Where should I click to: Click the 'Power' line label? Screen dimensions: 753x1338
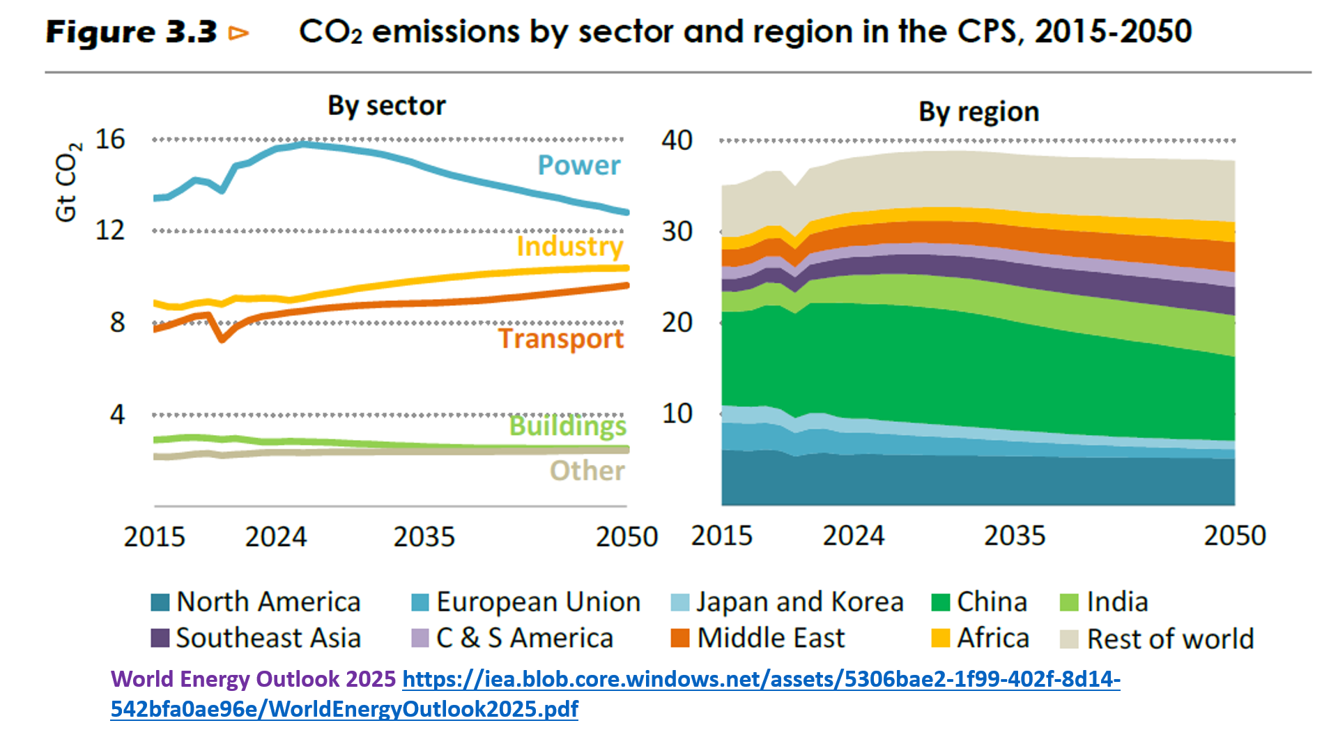[x=578, y=165]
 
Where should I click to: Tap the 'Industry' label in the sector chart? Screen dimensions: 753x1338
[x=569, y=246]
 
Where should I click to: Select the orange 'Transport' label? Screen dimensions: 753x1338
[x=560, y=339]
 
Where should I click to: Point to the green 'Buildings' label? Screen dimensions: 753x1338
[x=567, y=425]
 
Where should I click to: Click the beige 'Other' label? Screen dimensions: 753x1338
[x=587, y=471]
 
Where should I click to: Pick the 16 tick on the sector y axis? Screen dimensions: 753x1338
[x=110, y=139]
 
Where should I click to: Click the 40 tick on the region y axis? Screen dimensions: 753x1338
[x=677, y=140]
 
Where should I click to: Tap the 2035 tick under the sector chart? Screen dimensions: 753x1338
[x=424, y=537]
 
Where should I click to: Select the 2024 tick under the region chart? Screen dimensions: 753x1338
[x=853, y=535]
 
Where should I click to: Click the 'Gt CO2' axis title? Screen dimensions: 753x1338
[x=67, y=183]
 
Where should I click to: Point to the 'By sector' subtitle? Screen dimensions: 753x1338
[x=387, y=106]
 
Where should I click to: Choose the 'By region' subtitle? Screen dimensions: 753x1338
[x=978, y=112]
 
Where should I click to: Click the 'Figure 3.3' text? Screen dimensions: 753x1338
[x=132, y=32]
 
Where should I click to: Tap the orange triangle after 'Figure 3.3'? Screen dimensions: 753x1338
[x=238, y=33]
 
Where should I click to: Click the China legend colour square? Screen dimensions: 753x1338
[x=941, y=602]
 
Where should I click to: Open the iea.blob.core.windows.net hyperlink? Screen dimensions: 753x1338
[x=761, y=679]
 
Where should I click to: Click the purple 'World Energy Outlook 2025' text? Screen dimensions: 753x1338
[x=253, y=679]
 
